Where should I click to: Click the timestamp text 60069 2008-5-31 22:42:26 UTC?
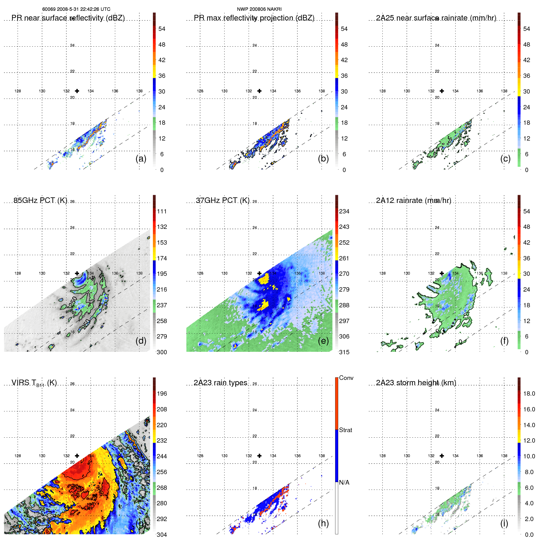76,9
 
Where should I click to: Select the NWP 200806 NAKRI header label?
259,9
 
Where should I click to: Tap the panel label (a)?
141,159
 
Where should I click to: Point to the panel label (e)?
323,341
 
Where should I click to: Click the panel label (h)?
323,523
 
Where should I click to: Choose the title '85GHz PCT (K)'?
40,200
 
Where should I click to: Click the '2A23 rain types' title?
220,383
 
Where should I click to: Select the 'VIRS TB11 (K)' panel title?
34,383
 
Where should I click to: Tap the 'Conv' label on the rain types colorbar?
346,378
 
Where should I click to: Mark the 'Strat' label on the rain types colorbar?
345,430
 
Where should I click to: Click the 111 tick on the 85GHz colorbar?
162,212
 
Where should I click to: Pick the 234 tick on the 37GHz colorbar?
344,212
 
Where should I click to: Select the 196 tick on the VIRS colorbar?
162,394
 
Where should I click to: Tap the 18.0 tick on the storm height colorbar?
529,394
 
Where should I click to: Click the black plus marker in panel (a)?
77,91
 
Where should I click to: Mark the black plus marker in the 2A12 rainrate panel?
442,273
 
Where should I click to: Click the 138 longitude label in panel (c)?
504,91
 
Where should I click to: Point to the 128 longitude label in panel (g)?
18,456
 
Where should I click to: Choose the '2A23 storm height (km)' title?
416,383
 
